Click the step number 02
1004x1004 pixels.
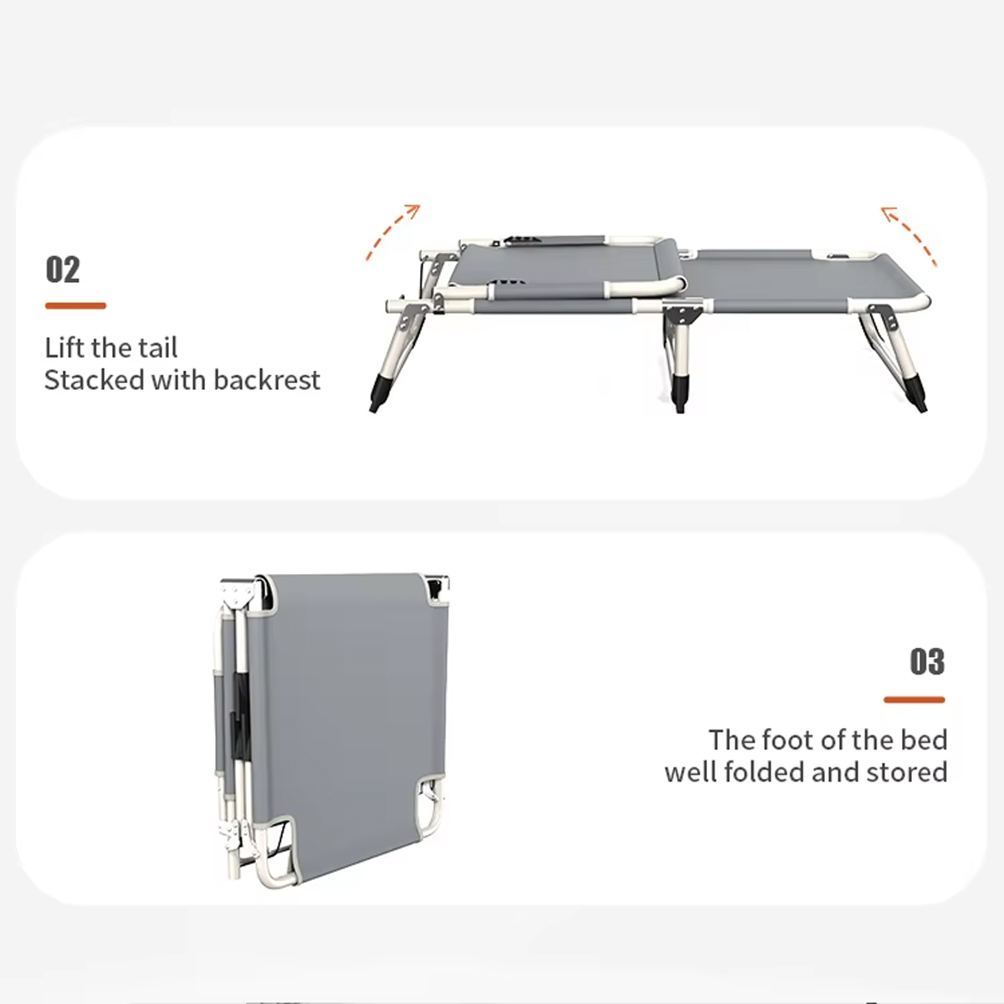63,269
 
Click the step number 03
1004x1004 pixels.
927,662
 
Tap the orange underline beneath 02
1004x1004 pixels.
75,306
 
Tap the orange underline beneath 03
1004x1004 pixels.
914,699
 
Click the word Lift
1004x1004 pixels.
64,347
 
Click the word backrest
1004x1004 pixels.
267,380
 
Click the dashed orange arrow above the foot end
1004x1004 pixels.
909,234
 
